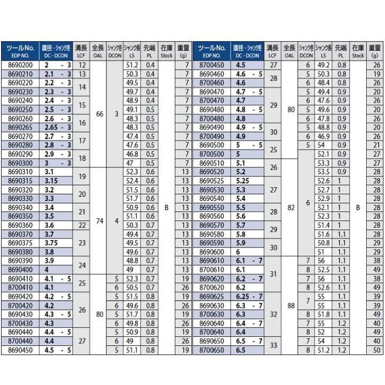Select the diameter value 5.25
pos(244,181)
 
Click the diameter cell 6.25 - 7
pos(249,296)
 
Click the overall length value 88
pos(290,306)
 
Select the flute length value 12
pos(81,65)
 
